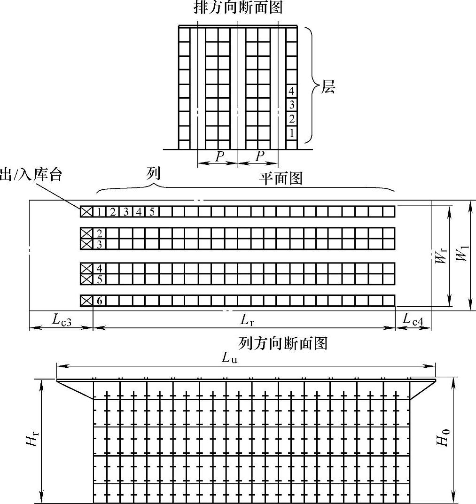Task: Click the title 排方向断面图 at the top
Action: (x=238, y=8)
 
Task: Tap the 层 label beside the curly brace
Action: (x=328, y=87)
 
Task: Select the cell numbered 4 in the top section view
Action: (x=292, y=91)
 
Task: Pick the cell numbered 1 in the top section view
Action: (x=292, y=133)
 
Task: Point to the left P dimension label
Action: (x=219, y=156)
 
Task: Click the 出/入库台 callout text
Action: (x=31, y=175)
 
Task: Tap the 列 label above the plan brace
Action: (x=153, y=173)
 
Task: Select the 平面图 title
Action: (x=281, y=178)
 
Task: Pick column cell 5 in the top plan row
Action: (x=151, y=212)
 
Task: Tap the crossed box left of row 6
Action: (x=86, y=301)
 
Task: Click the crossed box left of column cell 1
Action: (x=86, y=212)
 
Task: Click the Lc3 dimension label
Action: (x=62, y=320)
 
